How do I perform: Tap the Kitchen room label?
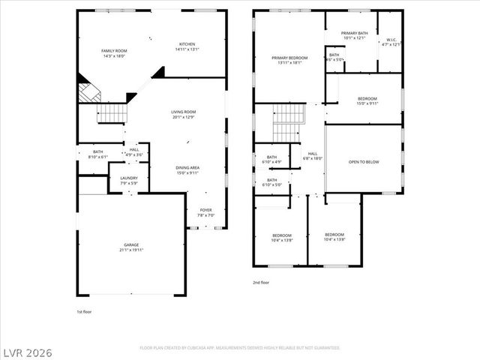pyautogui.click(x=186, y=46)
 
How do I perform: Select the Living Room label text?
pyautogui.click(x=184, y=114)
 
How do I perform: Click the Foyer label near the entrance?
pyautogui.click(x=205, y=212)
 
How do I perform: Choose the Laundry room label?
pyautogui.click(x=129, y=180)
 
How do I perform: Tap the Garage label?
pyautogui.click(x=131, y=247)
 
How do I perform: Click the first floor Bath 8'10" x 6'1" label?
pyautogui.click(x=98, y=154)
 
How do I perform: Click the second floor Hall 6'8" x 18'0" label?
pyautogui.click(x=312, y=155)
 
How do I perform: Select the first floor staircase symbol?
pyautogui.click(x=114, y=113)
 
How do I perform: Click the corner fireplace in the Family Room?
pyautogui.click(x=88, y=94)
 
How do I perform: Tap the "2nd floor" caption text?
pyautogui.click(x=260, y=283)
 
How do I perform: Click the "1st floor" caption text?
pyautogui.click(x=85, y=310)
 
